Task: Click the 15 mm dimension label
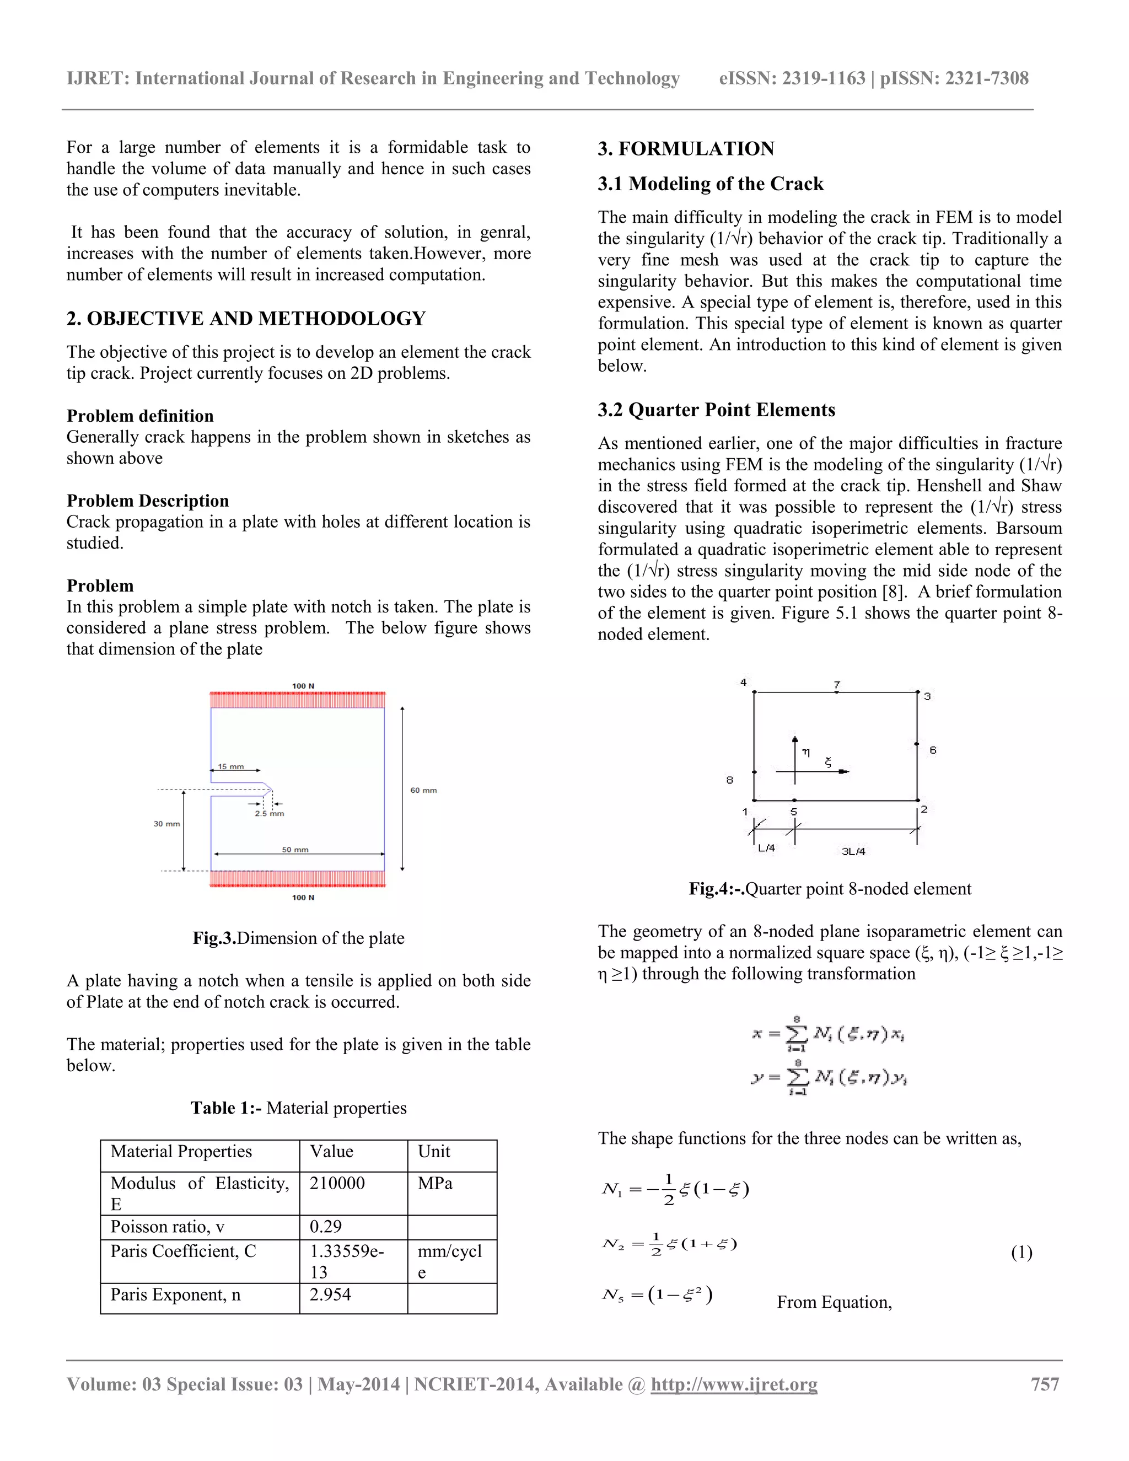click(232, 767)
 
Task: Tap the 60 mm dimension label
click(423, 790)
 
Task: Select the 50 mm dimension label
click(295, 850)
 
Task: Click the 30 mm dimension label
click(166, 824)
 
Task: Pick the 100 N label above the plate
click(303, 686)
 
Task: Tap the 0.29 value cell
click(326, 1226)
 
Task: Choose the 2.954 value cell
click(330, 1295)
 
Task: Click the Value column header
click(332, 1151)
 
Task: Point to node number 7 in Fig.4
click(837, 684)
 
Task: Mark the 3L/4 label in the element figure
click(853, 852)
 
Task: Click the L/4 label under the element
click(766, 848)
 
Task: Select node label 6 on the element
click(933, 750)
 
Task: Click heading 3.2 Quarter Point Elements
click(716, 410)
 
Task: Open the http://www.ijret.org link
click(734, 1384)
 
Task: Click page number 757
click(1045, 1384)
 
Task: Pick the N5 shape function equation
click(658, 1295)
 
